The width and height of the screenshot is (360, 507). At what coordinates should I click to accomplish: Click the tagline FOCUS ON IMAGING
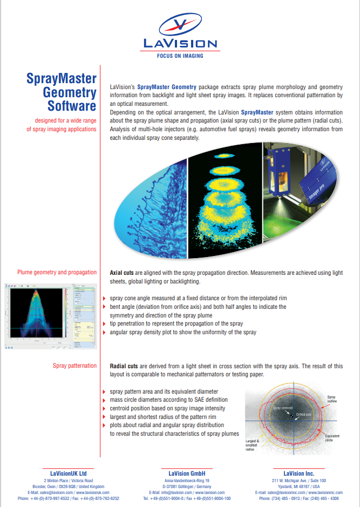click(x=180, y=55)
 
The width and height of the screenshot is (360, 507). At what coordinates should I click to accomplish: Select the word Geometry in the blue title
click(x=70, y=92)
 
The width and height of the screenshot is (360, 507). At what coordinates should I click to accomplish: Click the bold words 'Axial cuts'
click(x=121, y=273)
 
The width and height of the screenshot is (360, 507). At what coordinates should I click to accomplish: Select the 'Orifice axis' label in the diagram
click(x=303, y=414)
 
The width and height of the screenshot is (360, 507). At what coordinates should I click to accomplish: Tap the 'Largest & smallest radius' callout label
click(x=252, y=444)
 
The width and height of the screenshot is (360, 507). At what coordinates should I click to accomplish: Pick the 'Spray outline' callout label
click(x=331, y=400)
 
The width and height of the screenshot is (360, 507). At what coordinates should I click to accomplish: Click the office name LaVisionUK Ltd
click(x=68, y=473)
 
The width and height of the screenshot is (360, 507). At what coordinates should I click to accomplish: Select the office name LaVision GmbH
click(x=186, y=473)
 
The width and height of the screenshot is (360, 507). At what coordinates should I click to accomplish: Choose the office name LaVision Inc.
click(x=298, y=473)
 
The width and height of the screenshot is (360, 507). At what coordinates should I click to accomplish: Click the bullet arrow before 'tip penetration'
click(x=105, y=323)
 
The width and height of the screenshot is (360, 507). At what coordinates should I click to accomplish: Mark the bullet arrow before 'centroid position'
click(x=105, y=408)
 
